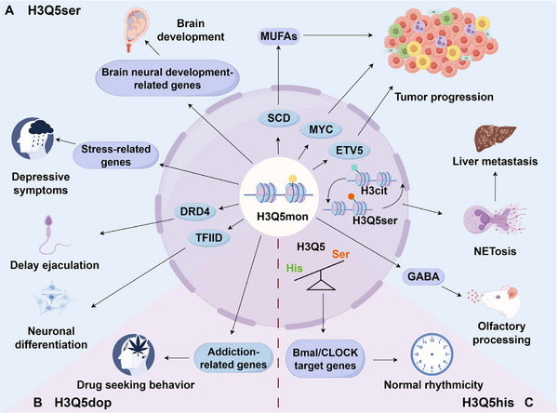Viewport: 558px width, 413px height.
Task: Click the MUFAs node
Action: pos(279,36)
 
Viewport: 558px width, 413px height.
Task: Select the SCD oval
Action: pos(279,118)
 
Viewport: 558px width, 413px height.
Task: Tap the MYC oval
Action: pos(321,129)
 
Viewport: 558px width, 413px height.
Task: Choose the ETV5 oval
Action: pos(349,151)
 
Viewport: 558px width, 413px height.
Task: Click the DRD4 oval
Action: pos(194,211)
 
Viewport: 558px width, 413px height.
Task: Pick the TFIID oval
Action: pos(209,237)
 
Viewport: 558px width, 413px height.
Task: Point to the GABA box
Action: pos(423,276)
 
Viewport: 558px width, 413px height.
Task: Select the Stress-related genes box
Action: pos(115,155)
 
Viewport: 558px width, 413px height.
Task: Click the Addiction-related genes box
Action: pos(233,358)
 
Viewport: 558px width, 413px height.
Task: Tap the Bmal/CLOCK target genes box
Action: pos(325,359)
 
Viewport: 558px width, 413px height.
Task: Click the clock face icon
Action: pos(432,354)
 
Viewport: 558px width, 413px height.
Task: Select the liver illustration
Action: pos(495,139)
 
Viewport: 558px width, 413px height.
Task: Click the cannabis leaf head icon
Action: pos(133,354)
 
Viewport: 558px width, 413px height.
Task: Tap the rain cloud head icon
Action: pos(33,139)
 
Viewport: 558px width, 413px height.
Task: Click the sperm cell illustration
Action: pos(54,235)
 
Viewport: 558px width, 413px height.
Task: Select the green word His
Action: pos(294,268)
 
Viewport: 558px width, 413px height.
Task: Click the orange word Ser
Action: pos(340,254)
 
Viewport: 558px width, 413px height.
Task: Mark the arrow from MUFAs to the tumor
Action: pos(338,35)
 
